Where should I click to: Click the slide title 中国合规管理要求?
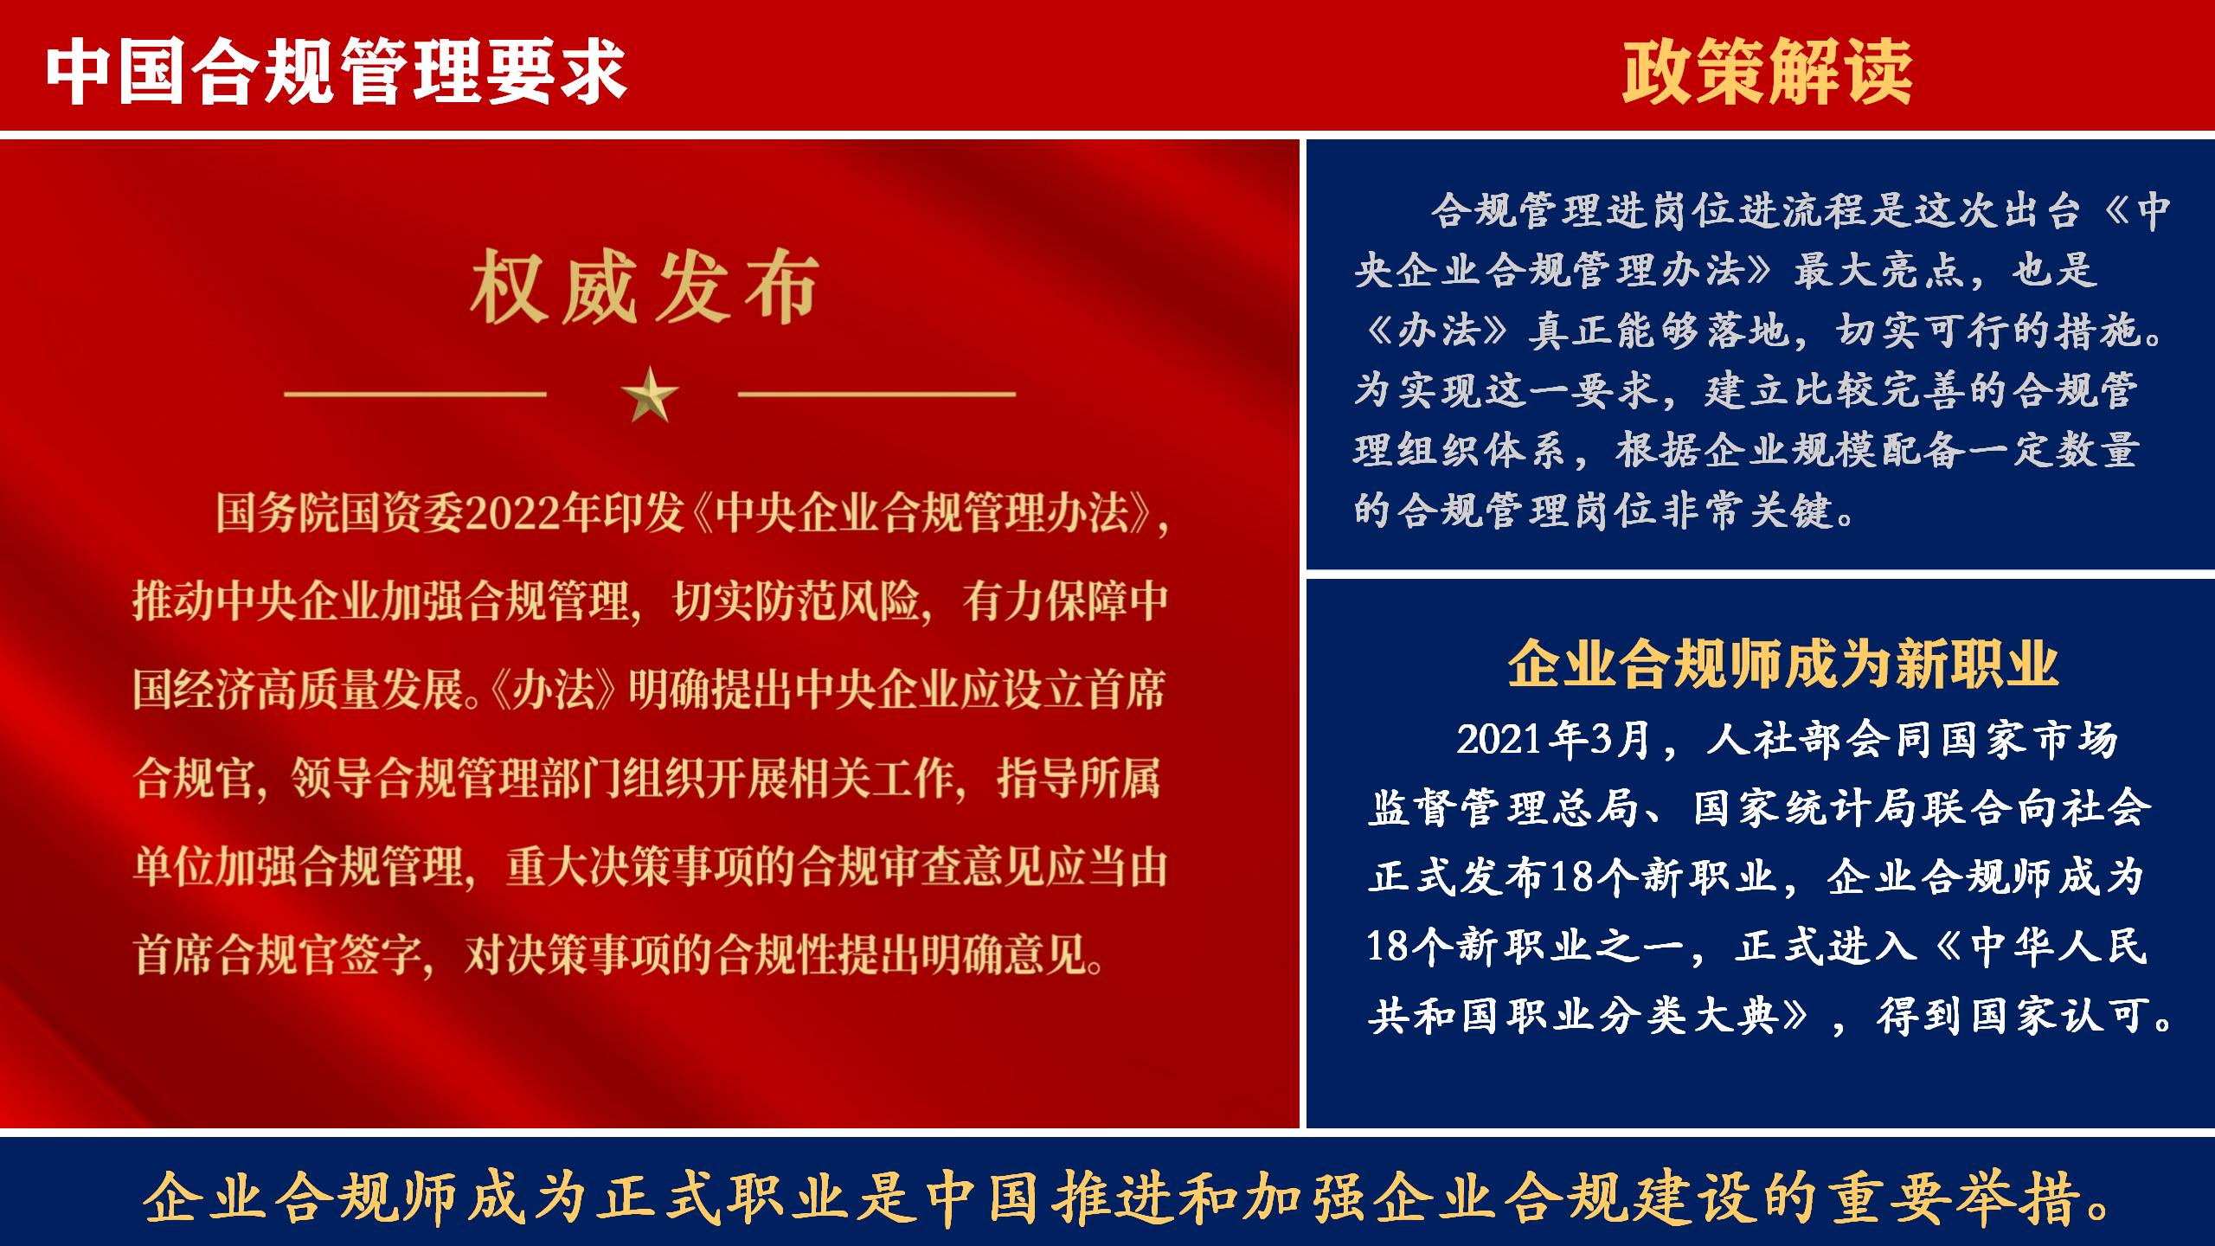pos(336,72)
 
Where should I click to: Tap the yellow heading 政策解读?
pos(1767,72)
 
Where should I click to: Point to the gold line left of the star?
pos(415,395)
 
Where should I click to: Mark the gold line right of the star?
pos(876,395)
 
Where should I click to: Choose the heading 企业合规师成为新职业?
pos(1783,665)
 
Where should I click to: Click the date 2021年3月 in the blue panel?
pos(1554,740)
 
